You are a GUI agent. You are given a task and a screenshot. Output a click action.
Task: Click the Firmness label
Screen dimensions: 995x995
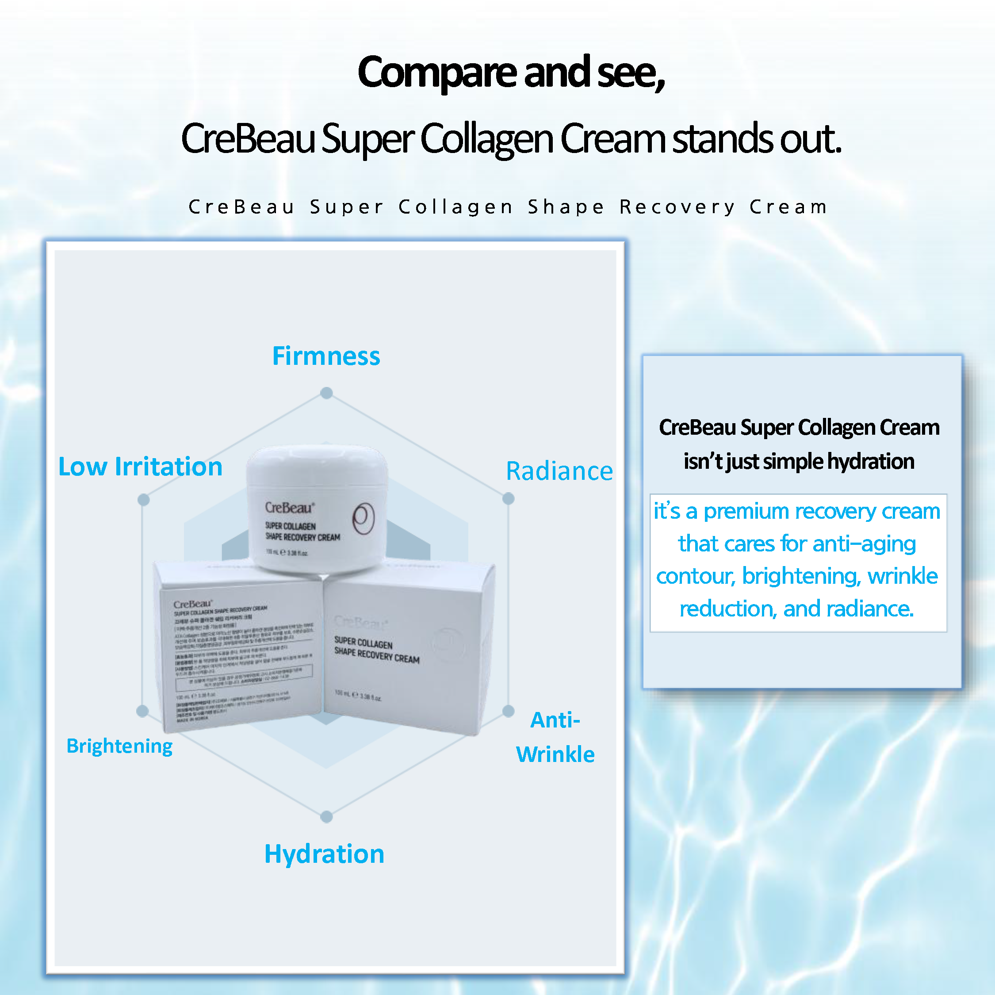pyautogui.click(x=326, y=356)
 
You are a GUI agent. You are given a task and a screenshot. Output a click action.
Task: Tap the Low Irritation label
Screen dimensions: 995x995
pyautogui.click(x=140, y=467)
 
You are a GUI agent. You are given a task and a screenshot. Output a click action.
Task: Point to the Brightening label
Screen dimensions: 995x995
pyautogui.click(x=119, y=746)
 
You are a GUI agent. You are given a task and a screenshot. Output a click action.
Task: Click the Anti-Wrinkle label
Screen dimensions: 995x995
pyautogui.click(x=555, y=737)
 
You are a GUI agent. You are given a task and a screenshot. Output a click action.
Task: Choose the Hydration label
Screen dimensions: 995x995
pyautogui.click(x=324, y=854)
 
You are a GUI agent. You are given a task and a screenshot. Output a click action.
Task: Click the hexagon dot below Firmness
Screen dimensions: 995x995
pyautogui.click(x=326, y=393)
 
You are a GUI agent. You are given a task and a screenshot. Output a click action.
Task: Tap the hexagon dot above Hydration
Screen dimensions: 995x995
pyautogui.click(x=326, y=817)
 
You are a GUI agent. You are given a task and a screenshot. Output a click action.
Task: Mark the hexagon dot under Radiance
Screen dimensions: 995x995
pyautogui.click(x=508, y=498)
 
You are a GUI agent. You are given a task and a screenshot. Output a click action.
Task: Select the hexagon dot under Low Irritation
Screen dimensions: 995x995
pyautogui.click(x=144, y=500)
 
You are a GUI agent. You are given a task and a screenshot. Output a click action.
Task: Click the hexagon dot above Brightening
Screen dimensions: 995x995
pyautogui.click(x=143, y=711)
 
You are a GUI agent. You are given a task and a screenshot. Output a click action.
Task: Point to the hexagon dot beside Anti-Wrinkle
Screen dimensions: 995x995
pyautogui.click(x=508, y=711)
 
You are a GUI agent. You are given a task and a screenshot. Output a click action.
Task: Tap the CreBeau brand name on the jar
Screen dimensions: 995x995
pyautogui.click(x=289, y=508)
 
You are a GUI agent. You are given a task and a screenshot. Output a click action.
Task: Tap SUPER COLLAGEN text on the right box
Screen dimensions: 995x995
pyautogui.click(x=363, y=642)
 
